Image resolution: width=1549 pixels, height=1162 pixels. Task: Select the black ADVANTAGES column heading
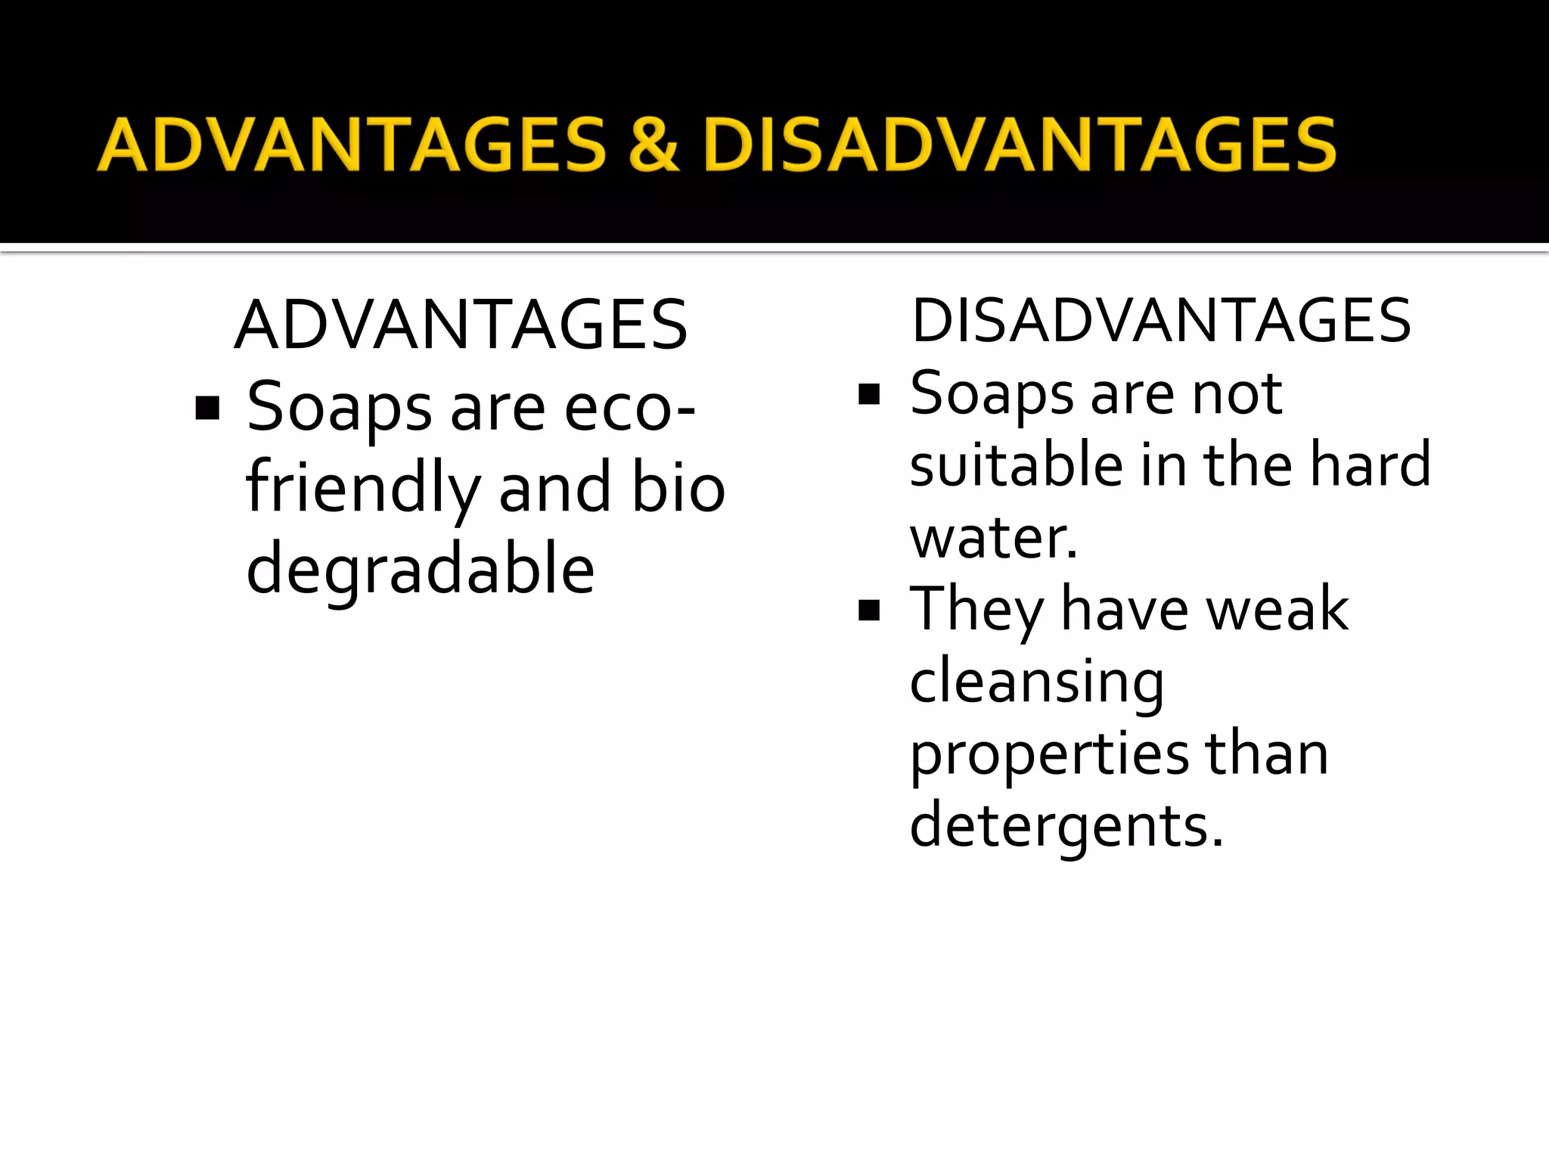point(461,325)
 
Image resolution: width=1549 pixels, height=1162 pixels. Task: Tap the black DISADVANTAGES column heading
point(1161,321)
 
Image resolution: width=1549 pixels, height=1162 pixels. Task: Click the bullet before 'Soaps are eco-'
point(207,409)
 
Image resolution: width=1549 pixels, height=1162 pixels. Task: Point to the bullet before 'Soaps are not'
point(870,394)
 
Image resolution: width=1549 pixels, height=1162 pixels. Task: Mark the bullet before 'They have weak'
point(870,611)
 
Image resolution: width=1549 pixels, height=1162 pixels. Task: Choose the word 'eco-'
point(630,409)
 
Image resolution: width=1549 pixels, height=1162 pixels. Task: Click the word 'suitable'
point(1016,464)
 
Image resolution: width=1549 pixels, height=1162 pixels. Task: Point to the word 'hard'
point(1370,464)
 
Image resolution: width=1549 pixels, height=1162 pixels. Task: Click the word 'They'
point(976,610)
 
